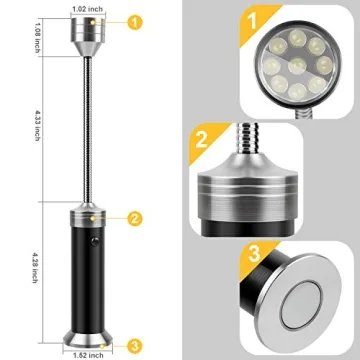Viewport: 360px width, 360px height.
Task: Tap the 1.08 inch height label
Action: pos(33,45)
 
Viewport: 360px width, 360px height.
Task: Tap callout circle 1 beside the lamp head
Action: pos(133,21)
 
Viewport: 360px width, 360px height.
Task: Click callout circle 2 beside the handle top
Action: pos(133,217)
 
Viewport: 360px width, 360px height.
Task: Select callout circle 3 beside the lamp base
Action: pos(133,346)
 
